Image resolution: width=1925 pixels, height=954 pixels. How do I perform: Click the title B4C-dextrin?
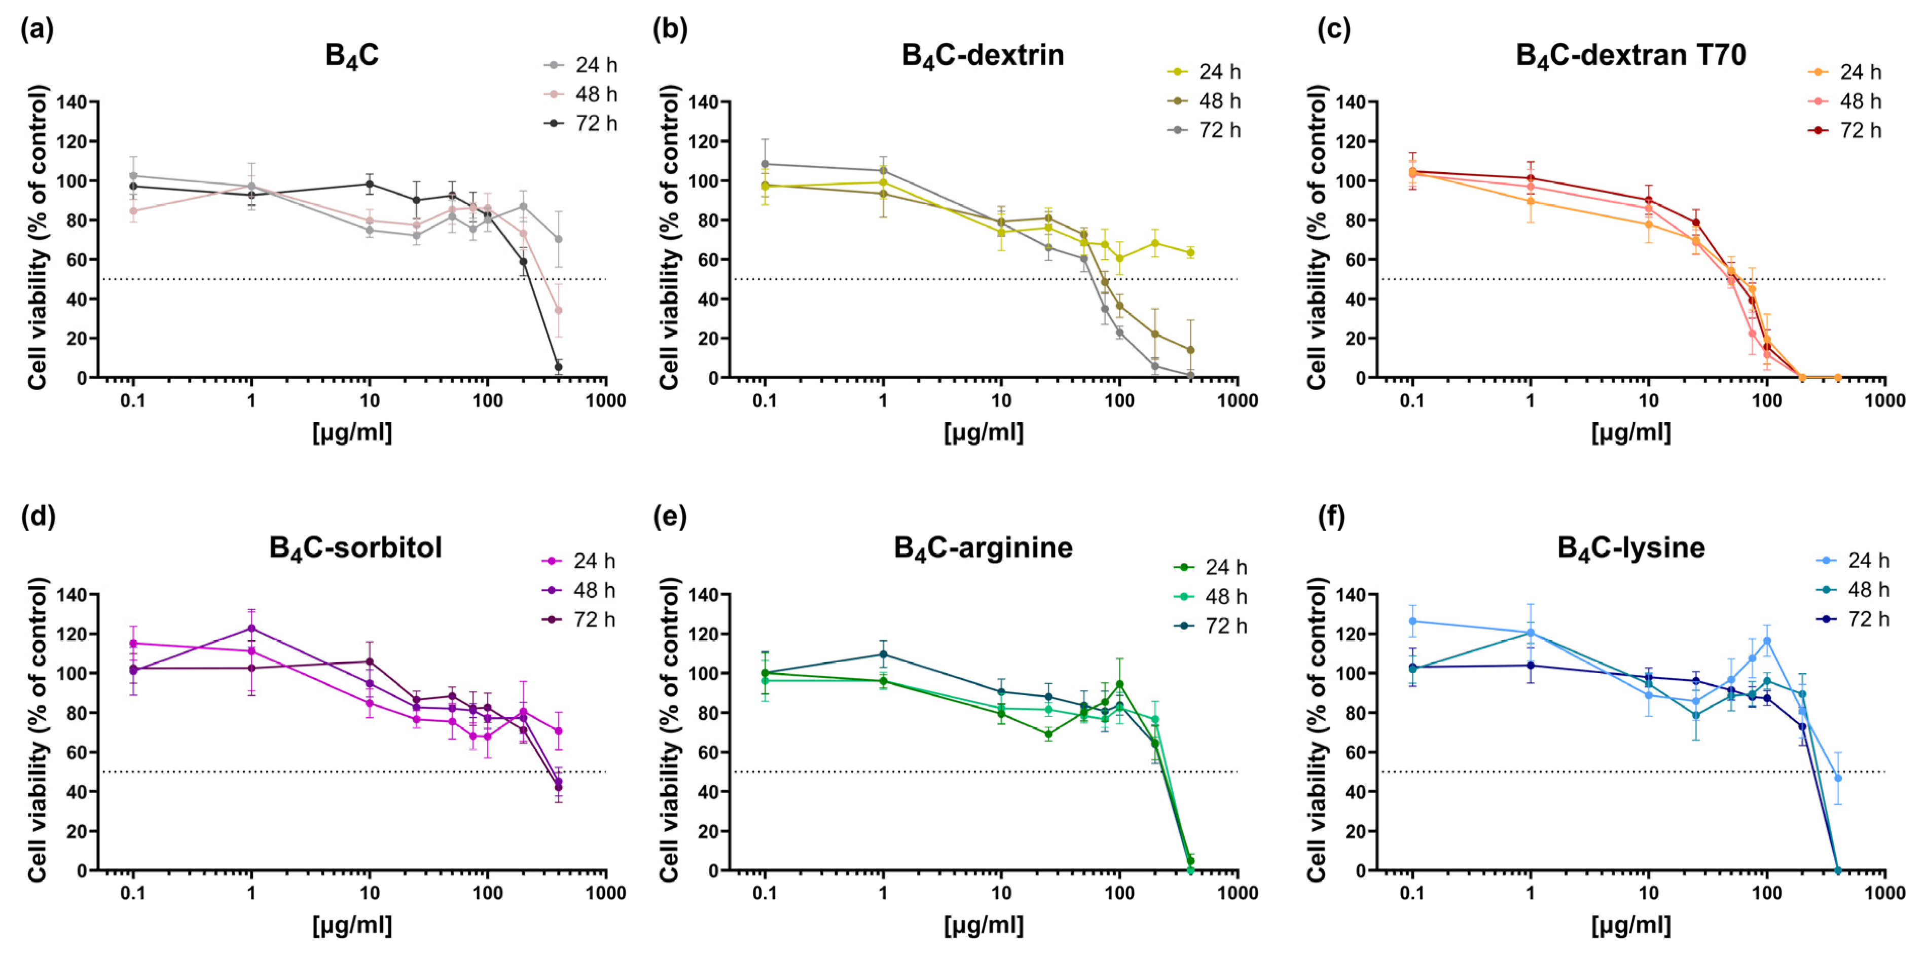click(x=983, y=56)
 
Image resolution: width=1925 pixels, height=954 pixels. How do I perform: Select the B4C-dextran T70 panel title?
click(x=1630, y=56)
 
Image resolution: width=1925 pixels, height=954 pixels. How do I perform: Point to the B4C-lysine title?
click(x=1630, y=548)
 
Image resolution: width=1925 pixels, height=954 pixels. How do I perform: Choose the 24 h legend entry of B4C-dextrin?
click(x=1204, y=71)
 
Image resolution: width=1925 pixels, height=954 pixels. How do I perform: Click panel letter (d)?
click(x=38, y=516)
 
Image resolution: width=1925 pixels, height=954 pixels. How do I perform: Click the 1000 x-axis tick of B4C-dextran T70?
click(x=1884, y=400)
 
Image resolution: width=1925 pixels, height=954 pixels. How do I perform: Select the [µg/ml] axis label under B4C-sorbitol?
click(x=351, y=926)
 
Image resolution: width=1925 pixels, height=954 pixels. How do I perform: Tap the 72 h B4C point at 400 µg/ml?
click(x=558, y=367)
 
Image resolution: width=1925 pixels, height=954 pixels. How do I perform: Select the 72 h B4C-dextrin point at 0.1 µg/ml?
click(x=765, y=164)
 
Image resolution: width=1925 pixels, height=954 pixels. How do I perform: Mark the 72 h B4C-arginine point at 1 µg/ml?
click(x=883, y=654)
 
